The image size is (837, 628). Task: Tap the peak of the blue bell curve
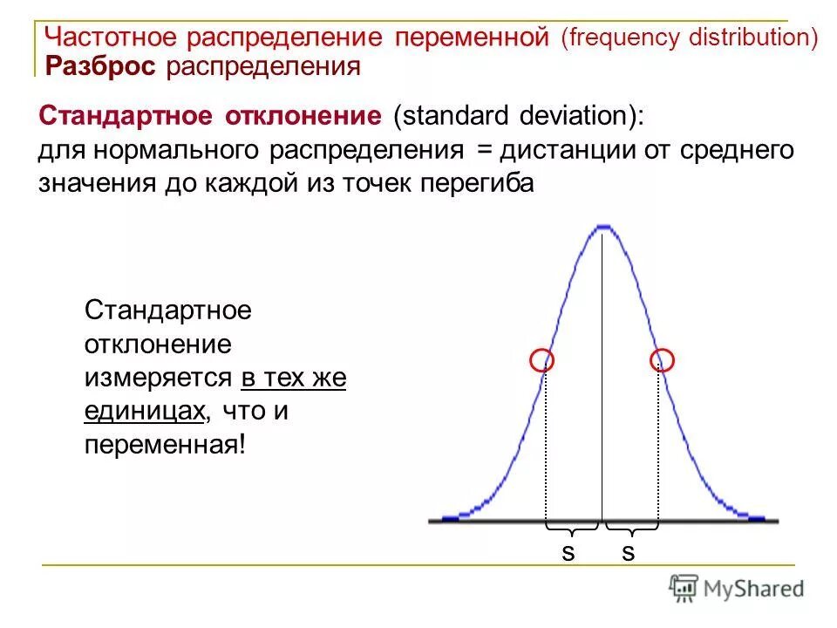click(602, 229)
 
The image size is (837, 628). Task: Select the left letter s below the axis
click(568, 552)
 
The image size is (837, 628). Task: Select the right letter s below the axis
click(628, 552)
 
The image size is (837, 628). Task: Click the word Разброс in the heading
click(100, 66)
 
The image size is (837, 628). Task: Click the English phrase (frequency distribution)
click(689, 38)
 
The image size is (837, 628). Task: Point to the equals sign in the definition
click(484, 150)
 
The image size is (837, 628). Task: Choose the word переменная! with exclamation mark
click(166, 445)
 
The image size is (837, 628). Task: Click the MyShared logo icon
click(683, 588)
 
